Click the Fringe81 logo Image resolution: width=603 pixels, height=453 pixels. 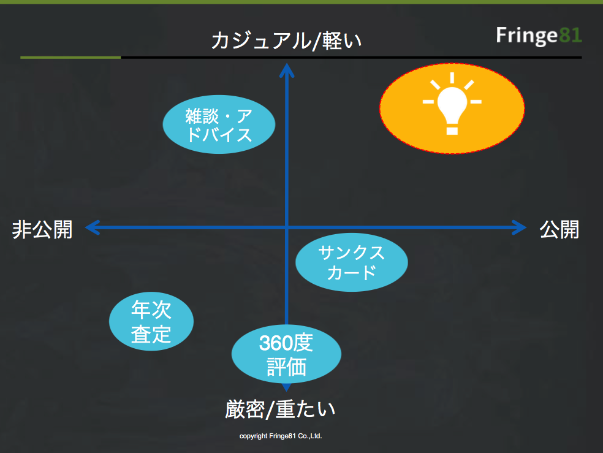539,36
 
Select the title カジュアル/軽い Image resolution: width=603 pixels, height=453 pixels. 286,41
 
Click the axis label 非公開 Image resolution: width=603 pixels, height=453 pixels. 42,230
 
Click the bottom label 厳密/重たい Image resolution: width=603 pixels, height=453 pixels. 280,409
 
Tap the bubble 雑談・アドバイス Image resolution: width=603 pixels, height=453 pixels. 219,124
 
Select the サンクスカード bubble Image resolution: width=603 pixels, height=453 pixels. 351,262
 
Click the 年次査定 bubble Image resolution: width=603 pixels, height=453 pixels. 151,322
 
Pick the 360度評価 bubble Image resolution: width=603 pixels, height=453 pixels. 286,356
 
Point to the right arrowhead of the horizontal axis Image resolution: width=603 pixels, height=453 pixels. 520,228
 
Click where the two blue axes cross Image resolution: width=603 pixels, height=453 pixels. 286,228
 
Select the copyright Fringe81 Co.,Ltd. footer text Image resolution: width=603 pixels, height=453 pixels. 280,436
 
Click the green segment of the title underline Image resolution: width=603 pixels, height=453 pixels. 70,57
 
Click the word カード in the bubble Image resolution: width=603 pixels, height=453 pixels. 351,272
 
